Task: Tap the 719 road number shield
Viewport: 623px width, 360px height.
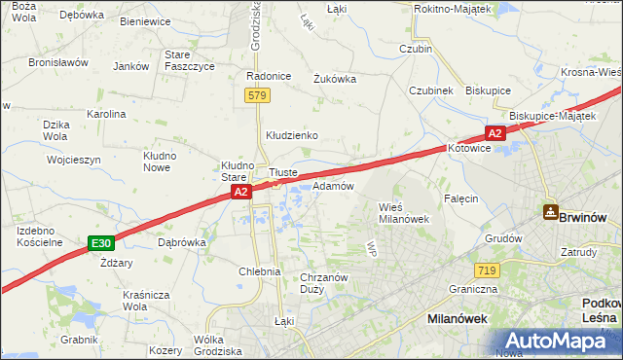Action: [488, 270]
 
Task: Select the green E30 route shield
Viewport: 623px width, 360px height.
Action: [99, 242]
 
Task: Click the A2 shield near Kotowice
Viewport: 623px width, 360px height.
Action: [495, 133]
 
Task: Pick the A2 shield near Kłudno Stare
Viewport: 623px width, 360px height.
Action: [242, 194]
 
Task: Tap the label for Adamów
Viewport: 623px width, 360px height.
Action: [332, 185]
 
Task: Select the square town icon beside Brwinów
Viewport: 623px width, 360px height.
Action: [551, 212]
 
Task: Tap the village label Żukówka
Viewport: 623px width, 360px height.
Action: [334, 80]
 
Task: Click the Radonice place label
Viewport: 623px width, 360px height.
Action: [269, 76]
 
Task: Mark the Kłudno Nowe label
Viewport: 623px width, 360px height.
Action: [159, 161]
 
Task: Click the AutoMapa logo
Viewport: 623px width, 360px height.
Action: [559, 341]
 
